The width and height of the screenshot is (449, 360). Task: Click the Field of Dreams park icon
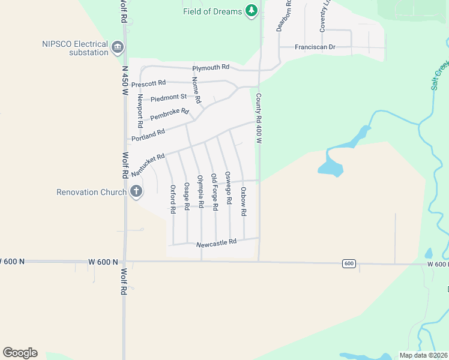(252, 11)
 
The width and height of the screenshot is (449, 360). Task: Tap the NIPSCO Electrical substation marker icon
(117, 47)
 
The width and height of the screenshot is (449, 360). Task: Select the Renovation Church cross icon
(136, 192)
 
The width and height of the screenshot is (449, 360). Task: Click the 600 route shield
(349, 263)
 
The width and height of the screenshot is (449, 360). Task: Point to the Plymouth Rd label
(211, 67)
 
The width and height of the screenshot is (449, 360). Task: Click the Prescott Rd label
(148, 84)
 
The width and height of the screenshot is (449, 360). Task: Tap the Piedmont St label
(169, 97)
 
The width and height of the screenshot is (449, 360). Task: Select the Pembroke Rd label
(169, 115)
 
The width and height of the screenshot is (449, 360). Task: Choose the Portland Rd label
(148, 133)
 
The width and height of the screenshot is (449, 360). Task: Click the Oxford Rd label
(173, 197)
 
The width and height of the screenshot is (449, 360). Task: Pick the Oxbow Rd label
(244, 202)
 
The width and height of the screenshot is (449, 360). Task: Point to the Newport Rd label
(139, 111)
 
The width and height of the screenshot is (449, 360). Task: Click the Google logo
(20, 353)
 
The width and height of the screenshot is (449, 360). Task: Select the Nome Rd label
(196, 89)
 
